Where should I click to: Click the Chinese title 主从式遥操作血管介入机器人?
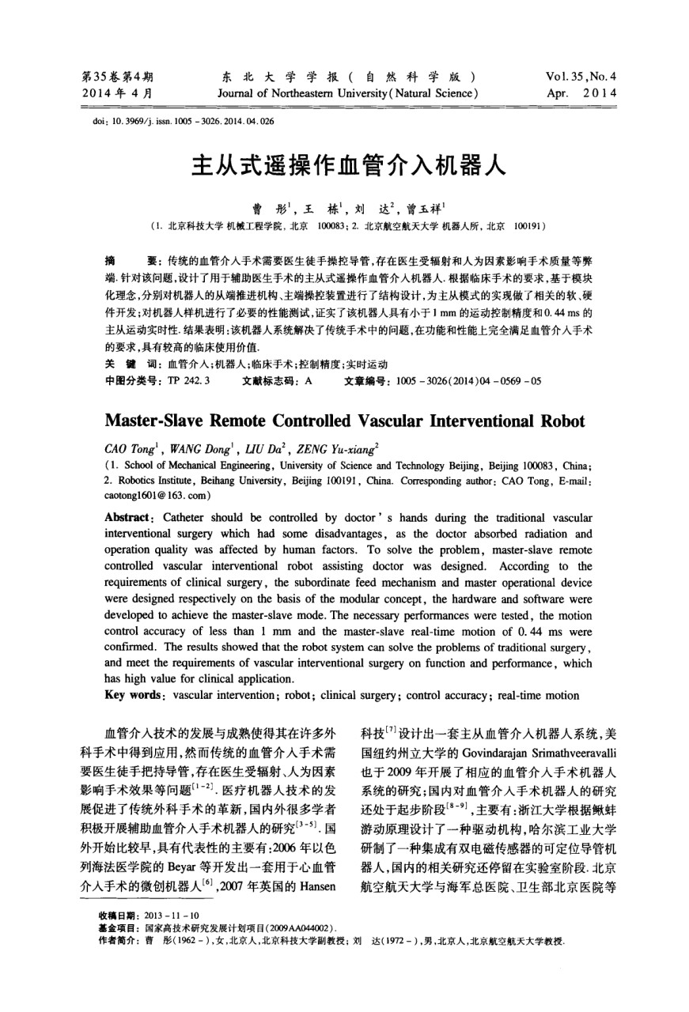[343, 168]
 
